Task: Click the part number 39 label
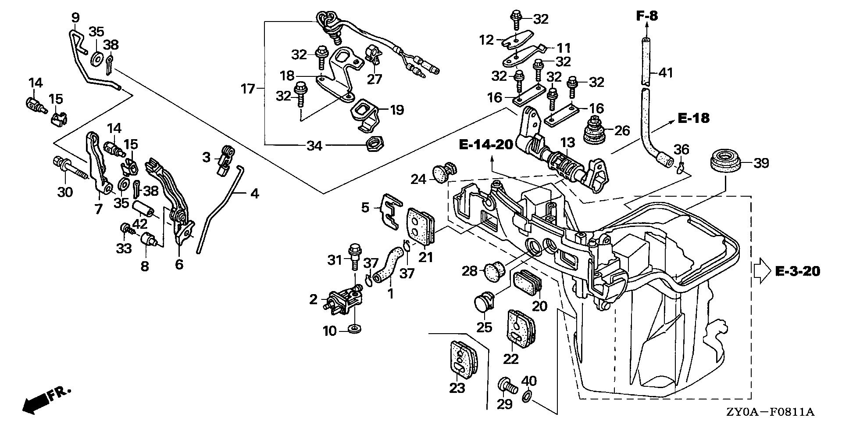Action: pyautogui.click(x=761, y=163)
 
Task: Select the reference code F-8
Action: pyautogui.click(x=647, y=16)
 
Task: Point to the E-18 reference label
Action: pyautogui.click(x=693, y=119)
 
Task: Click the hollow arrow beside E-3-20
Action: pyautogui.click(x=762, y=271)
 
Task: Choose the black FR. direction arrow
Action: pyautogui.click(x=36, y=402)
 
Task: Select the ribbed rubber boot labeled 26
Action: pyautogui.click(x=596, y=128)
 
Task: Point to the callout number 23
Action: pyautogui.click(x=457, y=388)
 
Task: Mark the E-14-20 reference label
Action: pyautogui.click(x=486, y=145)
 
